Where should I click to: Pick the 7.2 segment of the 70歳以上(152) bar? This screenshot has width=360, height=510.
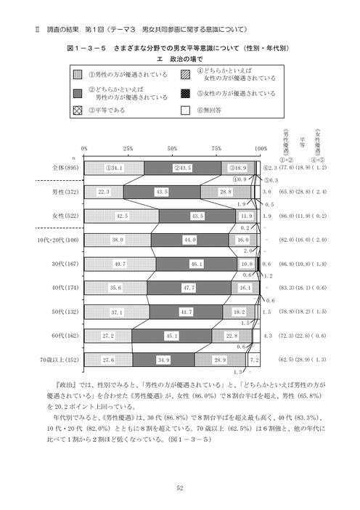tap(254, 360)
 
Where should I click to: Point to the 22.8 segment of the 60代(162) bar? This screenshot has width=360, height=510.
tap(232, 336)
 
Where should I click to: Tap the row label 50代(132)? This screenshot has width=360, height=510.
tap(65, 312)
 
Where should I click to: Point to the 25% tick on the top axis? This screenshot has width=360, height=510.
tap(128, 147)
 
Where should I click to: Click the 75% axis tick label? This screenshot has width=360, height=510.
tap(216, 147)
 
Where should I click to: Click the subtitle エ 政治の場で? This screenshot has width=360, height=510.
tap(179, 58)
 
